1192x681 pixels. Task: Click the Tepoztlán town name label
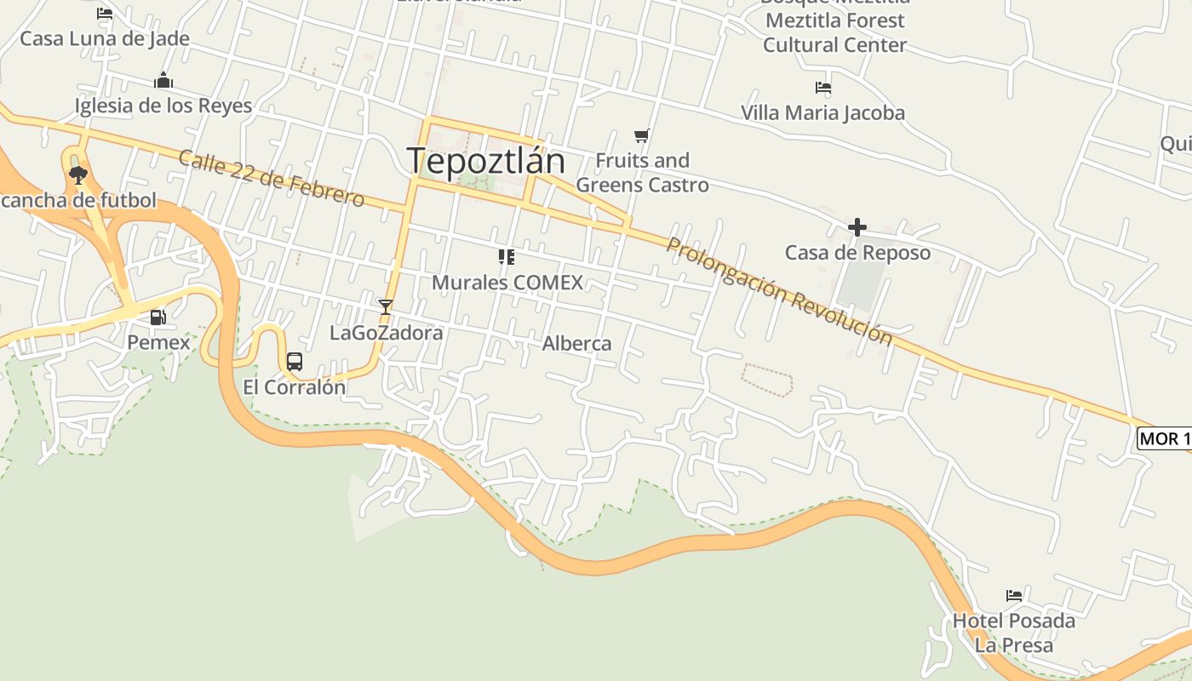pyautogui.click(x=485, y=161)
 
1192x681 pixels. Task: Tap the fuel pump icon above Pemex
pyautogui.click(x=158, y=318)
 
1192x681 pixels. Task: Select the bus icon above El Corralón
pyautogui.click(x=295, y=362)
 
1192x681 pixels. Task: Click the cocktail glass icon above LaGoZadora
pyautogui.click(x=386, y=306)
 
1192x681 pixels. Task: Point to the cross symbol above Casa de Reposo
pyautogui.click(x=857, y=227)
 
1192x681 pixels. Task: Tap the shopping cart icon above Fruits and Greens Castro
pyautogui.click(x=642, y=135)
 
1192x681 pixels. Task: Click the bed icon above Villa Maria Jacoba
pyautogui.click(x=822, y=87)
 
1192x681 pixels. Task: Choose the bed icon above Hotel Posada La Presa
pyautogui.click(x=1013, y=595)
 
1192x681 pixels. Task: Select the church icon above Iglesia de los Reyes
pyautogui.click(x=163, y=81)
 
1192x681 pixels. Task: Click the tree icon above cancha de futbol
pyautogui.click(x=78, y=175)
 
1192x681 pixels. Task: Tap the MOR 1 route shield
pyautogui.click(x=1165, y=438)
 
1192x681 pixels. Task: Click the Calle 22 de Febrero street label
pyautogui.click(x=272, y=179)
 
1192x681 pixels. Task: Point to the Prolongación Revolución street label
pyautogui.click(x=779, y=291)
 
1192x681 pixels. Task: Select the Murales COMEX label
pyautogui.click(x=507, y=283)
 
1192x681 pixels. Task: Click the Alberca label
pyautogui.click(x=577, y=344)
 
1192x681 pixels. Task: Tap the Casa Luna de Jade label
pyautogui.click(x=105, y=38)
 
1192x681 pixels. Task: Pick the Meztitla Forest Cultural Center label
pyautogui.click(x=834, y=32)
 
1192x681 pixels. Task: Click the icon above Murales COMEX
pyautogui.click(x=507, y=256)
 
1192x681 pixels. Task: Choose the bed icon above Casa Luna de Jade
pyautogui.click(x=105, y=14)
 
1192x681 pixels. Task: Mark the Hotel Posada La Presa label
pyautogui.click(x=1013, y=632)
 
